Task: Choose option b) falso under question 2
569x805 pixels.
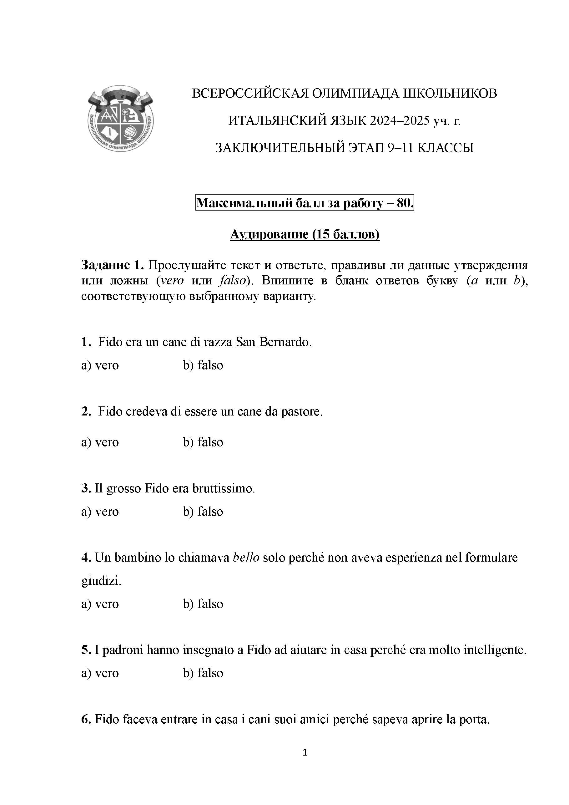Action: [203, 442]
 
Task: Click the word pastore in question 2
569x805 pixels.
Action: [301, 411]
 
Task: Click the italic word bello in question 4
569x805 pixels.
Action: [246, 558]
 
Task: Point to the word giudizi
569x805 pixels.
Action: [101, 581]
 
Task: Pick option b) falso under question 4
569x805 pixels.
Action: [203, 604]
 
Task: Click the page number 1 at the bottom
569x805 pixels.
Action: [305, 752]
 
